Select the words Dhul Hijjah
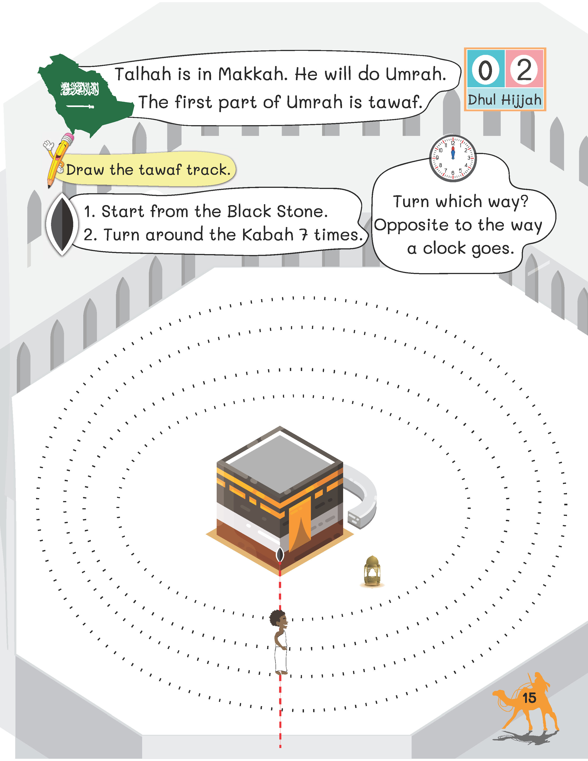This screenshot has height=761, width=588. point(505,100)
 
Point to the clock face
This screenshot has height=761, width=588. point(453,159)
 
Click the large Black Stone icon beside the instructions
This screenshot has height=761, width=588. point(62,224)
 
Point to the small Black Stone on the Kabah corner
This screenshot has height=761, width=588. point(280,554)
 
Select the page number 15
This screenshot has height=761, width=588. point(529,698)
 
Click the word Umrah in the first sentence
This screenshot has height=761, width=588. point(415,74)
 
